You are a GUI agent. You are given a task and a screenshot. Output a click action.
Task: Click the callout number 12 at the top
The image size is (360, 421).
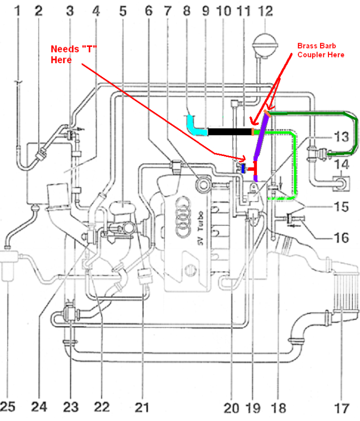[265, 11]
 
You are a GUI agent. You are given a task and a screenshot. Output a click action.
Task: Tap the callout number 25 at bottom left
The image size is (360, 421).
[7, 406]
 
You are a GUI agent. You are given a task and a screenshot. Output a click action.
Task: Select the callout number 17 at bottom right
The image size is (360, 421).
[342, 408]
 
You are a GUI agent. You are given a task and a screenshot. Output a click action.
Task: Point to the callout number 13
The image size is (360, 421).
[342, 137]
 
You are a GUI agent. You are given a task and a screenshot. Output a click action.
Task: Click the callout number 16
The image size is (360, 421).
[342, 238]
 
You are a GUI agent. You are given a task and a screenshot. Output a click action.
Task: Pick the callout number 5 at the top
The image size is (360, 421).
[123, 11]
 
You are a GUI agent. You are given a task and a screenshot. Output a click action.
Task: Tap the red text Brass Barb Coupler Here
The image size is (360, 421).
[321, 50]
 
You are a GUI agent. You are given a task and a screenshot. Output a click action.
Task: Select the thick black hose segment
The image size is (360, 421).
[230, 132]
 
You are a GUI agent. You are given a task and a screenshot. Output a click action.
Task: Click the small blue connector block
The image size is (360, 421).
[243, 168]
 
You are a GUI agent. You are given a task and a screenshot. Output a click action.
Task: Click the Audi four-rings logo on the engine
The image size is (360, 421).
[184, 217]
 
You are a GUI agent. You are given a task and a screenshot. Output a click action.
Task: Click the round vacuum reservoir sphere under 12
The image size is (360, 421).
[265, 44]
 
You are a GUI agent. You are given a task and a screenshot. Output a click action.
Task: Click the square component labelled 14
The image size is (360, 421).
[341, 184]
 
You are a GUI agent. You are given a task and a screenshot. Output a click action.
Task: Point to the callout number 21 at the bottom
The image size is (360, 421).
[142, 407]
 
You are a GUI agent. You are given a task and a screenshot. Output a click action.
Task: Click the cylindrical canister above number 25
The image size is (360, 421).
[8, 266]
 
